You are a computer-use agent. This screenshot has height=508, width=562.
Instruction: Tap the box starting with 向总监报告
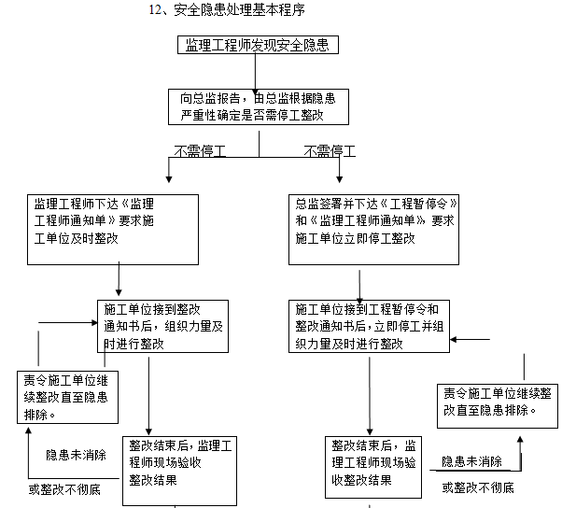[259, 106]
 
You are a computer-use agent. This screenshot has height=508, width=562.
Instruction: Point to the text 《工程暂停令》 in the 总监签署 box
[423, 204]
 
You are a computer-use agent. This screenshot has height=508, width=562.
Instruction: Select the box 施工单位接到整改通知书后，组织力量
[162, 326]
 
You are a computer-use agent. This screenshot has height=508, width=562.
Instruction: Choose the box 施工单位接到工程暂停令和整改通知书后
[370, 326]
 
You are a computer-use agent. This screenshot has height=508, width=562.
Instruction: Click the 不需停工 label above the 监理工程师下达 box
[199, 149]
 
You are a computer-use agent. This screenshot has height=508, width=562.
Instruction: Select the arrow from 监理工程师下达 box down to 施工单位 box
[119, 279]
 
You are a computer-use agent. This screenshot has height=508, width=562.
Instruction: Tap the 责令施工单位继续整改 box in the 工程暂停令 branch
[497, 404]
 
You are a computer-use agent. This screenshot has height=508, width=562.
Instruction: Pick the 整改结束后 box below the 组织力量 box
[181, 461]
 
